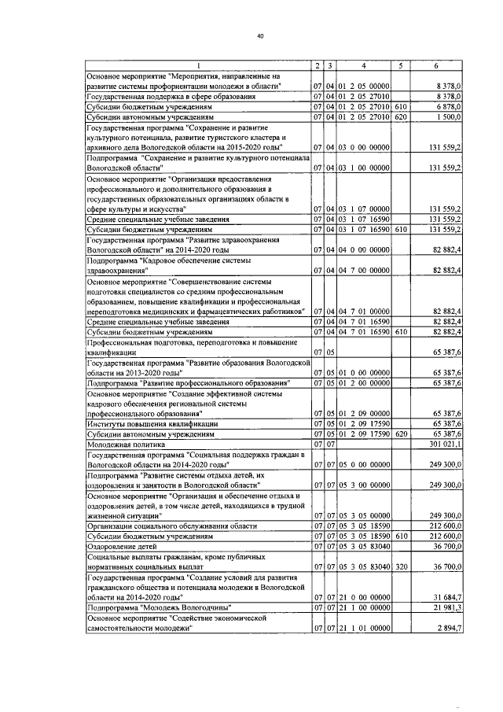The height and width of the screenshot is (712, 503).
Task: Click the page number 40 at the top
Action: tap(259, 35)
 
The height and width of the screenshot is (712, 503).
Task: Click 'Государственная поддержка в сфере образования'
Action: tap(171, 95)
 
